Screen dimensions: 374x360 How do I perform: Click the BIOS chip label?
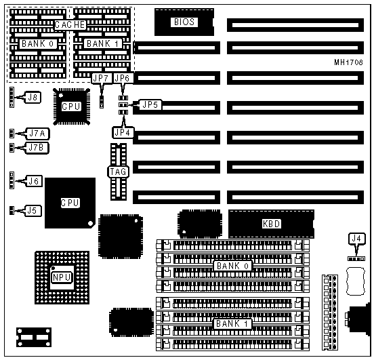tap(184, 22)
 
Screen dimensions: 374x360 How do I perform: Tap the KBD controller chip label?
tap(271, 224)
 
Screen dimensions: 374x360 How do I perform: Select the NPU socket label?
tap(62, 277)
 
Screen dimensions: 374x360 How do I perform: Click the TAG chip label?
tap(118, 172)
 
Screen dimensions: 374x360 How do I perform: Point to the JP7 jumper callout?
tap(102, 78)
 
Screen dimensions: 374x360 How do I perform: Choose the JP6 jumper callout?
tap(122, 78)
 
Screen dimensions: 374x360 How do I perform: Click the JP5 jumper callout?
tap(150, 104)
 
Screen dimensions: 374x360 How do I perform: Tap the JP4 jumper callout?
tap(123, 132)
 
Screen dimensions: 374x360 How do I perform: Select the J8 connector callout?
tap(33, 98)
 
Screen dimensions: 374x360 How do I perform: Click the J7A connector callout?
tap(37, 134)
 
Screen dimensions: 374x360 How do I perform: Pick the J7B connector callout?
tap(37, 148)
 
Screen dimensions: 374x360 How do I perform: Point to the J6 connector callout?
tap(34, 181)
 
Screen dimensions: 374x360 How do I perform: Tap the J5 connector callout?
tap(33, 211)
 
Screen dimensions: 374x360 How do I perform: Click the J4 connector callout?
tap(356, 238)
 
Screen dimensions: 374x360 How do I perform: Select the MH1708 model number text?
tap(348, 62)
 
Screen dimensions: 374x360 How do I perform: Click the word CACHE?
tap(70, 24)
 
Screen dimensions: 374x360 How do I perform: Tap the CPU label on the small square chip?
tap(71, 106)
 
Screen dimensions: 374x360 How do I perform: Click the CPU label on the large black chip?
tap(70, 203)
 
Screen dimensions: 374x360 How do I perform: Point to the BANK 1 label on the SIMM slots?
tap(232, 323)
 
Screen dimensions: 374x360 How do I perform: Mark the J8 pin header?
tap(12, 97)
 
